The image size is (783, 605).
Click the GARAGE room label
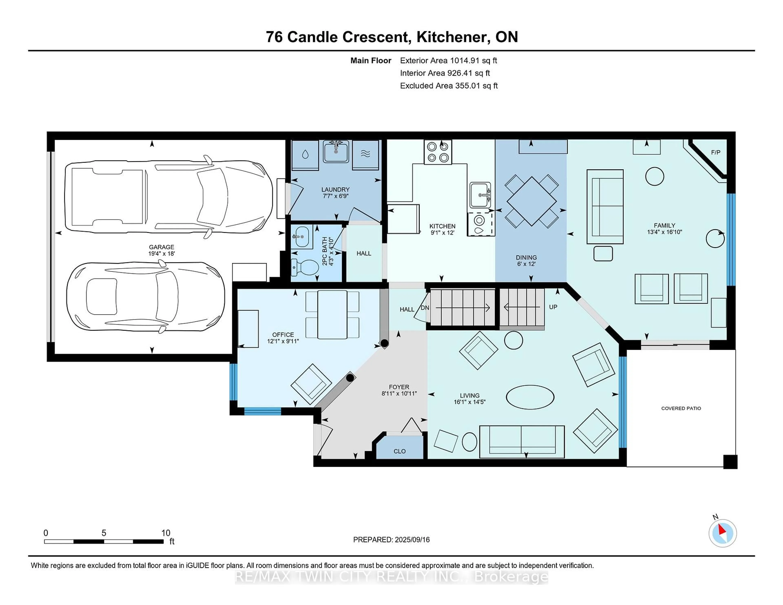[x=161, y=247]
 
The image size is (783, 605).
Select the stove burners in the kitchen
[x=438, y=152]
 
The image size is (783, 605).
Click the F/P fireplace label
[x=716, y=152]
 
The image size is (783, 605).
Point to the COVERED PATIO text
[x=681, y=408]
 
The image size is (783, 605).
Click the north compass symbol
[x=722, y=533]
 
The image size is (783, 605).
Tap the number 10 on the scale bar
[x=165, y=533]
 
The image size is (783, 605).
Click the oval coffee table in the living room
[x=530, y=397]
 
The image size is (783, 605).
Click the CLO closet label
[x=399, y=451]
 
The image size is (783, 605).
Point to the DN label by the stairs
[x=425, y=308]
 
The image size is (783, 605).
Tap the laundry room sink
[x=336, y=151]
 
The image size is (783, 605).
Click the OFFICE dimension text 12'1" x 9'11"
[x=283, y=341]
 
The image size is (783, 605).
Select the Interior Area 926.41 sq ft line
[x=445, y=73]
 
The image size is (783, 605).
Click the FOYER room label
[x=399, y=387]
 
